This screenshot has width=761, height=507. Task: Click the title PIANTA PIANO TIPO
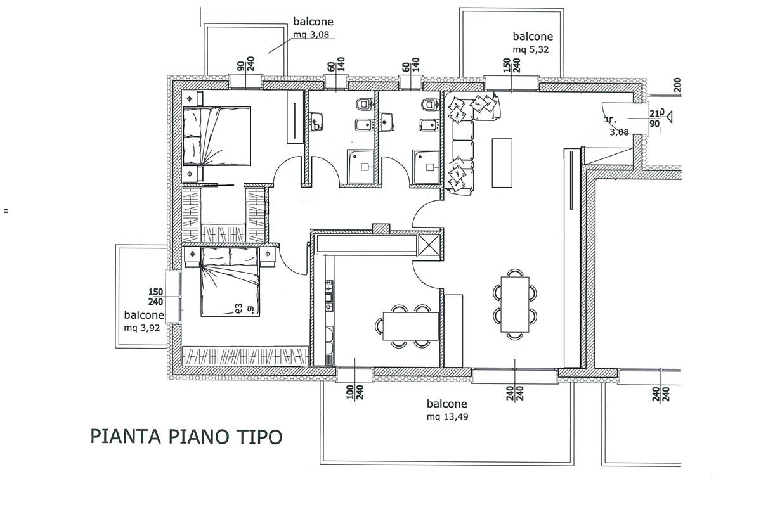coord(186,437)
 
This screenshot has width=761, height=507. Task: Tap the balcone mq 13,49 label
coord(447,410)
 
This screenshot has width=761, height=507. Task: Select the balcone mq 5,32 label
coord(533,42)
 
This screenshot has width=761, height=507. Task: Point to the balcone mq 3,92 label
coord(144,321)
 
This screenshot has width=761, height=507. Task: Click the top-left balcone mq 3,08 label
coord(313,28)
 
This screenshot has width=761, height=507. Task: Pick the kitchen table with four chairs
coord(410,326)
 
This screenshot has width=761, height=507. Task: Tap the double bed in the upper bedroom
coord(217,136)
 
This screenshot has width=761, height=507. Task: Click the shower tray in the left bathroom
coord(362,167)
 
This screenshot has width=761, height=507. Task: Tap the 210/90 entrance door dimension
coord(656,118)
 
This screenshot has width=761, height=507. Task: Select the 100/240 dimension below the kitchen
coord(353,393)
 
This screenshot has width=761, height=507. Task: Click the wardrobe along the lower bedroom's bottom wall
coord(245,356)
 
